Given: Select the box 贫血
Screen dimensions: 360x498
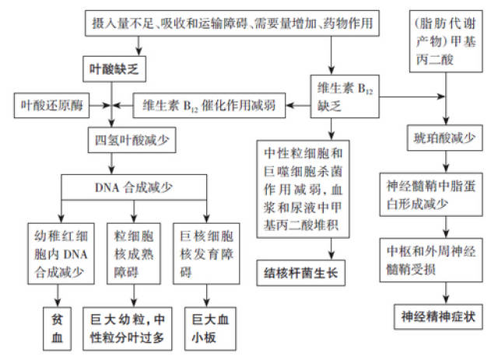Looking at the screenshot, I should tap(57, 328).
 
